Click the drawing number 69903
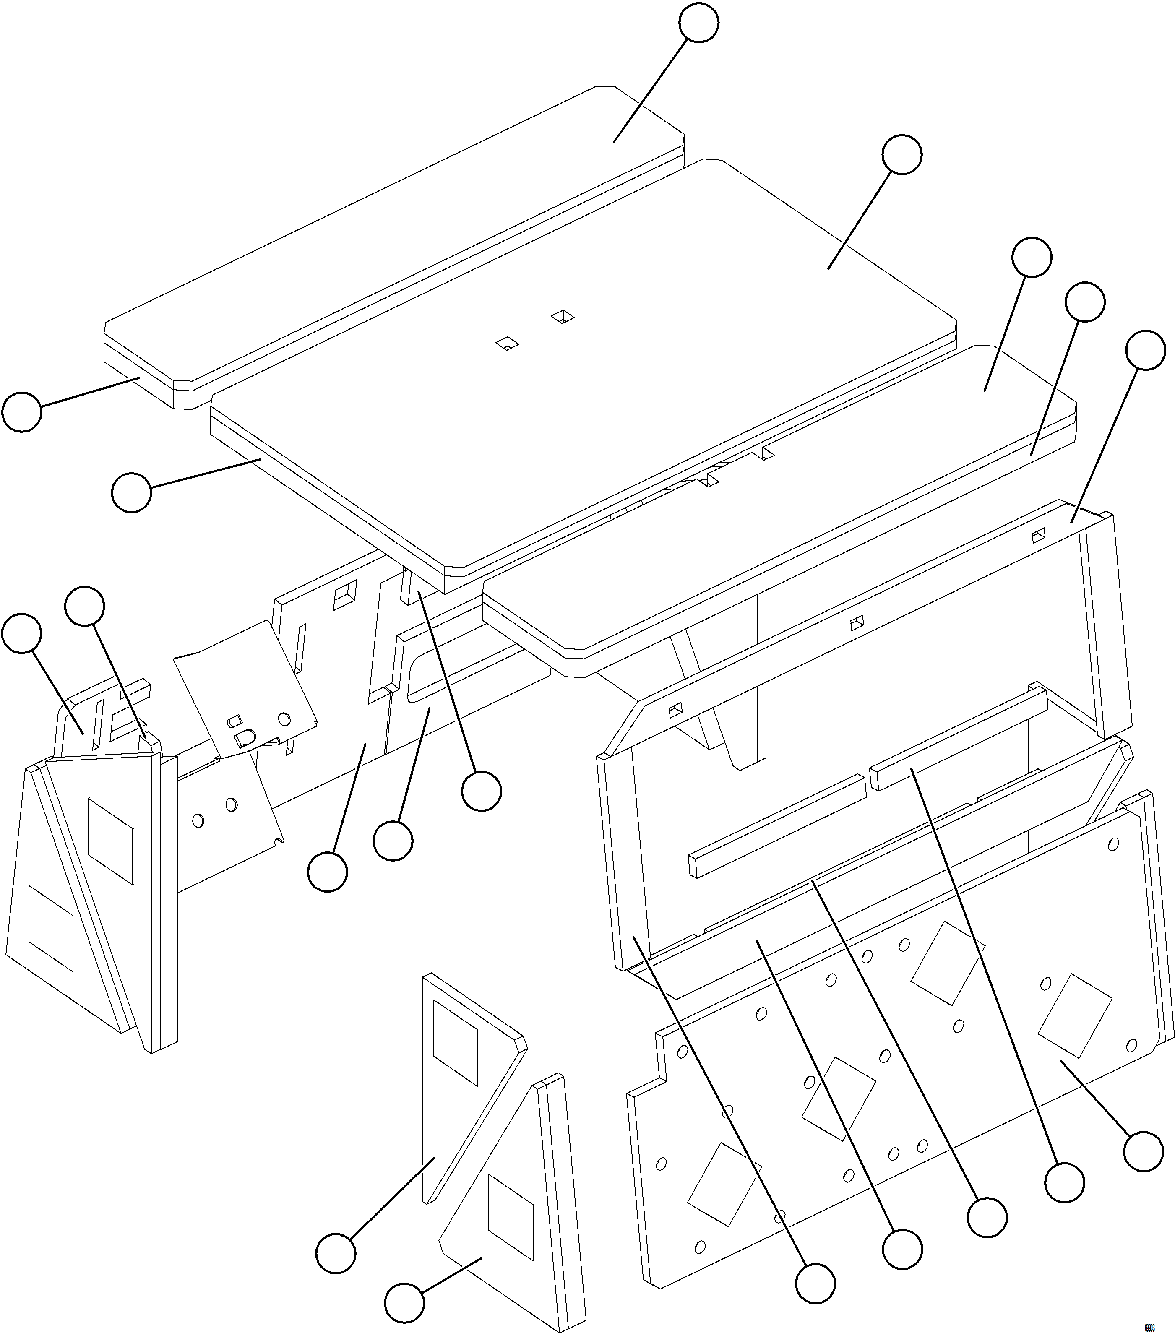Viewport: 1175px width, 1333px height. (1149, 1323)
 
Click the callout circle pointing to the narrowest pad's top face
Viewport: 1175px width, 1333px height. (698, 22)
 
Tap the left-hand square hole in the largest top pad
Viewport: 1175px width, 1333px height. (506, 343)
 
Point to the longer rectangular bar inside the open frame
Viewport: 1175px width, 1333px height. (776, 825)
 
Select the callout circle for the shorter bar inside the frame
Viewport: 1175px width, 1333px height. (1064, 1182)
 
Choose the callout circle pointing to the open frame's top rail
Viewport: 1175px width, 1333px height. (1146, 350)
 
